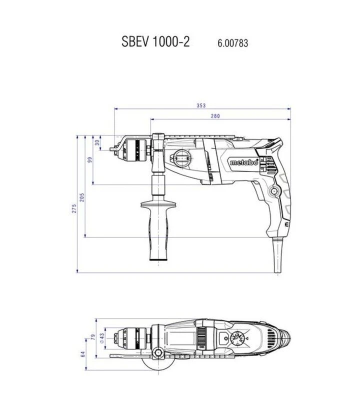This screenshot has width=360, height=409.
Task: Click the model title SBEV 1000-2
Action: (155, 41)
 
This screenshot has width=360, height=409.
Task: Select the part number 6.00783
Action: (232, 43)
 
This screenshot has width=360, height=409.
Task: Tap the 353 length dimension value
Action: (201, 105)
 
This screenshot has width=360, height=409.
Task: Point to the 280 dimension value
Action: (215, 116)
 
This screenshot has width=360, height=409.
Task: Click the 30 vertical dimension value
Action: (97, 142)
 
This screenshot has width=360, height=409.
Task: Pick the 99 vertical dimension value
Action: (90, 159)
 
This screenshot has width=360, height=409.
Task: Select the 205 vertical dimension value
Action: (82, 197)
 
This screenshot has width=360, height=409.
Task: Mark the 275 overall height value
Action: (74, 208)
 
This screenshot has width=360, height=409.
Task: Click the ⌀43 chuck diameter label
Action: (101, 338)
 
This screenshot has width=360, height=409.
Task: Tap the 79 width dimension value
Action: (93, 336)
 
